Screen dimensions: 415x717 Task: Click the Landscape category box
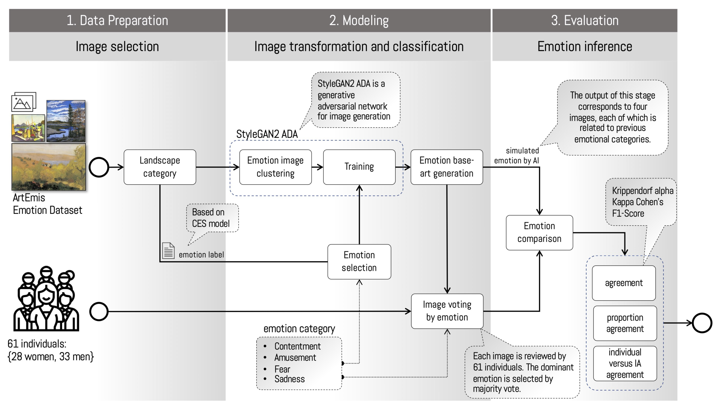coord(160,167)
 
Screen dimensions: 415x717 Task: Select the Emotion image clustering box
coord(275,167)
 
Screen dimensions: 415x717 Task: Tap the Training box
coord(359,167)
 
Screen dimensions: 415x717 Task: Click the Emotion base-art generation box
coord(446,167)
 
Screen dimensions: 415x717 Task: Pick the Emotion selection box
coord(359,261)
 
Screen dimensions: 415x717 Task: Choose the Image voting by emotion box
coord(447,311)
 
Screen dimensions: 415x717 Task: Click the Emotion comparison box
coord(539,232)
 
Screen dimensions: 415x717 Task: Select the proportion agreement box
coord(625,323)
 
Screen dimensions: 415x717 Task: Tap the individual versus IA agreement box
coord(625,363)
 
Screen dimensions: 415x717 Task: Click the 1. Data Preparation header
coord(117,20)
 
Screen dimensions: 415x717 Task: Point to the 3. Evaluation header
coord(585,20)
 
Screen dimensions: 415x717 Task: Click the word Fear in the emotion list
coord(282,369)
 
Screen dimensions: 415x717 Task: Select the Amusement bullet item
coord(295,358)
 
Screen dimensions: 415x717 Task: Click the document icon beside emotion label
coord(168,250)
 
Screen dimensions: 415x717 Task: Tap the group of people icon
coord(46,299)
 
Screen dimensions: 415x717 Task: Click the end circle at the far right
coord(702,323)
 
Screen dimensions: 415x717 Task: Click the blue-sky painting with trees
coord(66,121)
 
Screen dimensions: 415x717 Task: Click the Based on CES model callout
coord(212,218)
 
